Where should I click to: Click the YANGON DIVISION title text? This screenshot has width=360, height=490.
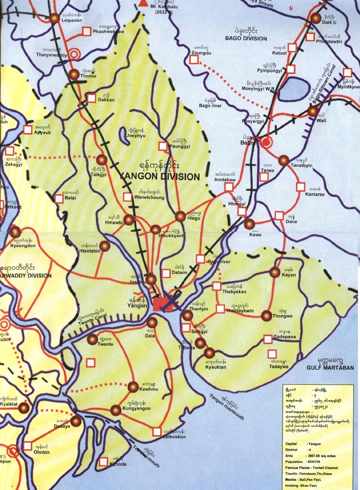(159, 176)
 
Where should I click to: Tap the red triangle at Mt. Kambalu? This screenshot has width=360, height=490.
(142, 4)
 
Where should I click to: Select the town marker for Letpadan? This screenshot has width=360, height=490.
(55, 18)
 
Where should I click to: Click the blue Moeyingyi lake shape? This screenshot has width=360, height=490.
(291, 89)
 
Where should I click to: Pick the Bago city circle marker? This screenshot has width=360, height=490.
(265, 142)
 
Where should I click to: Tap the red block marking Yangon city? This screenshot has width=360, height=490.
(162, 303)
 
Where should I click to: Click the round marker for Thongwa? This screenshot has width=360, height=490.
(267, 316)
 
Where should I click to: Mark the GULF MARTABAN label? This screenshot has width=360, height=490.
(330, 368)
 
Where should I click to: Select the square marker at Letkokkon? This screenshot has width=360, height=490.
(157, 431)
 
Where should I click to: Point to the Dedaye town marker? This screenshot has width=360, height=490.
(76, 421)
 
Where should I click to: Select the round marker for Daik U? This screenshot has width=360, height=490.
(316, 18)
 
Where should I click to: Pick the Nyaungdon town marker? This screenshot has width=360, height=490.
(16, 232)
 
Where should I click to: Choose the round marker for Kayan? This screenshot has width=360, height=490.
(275, 272)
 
